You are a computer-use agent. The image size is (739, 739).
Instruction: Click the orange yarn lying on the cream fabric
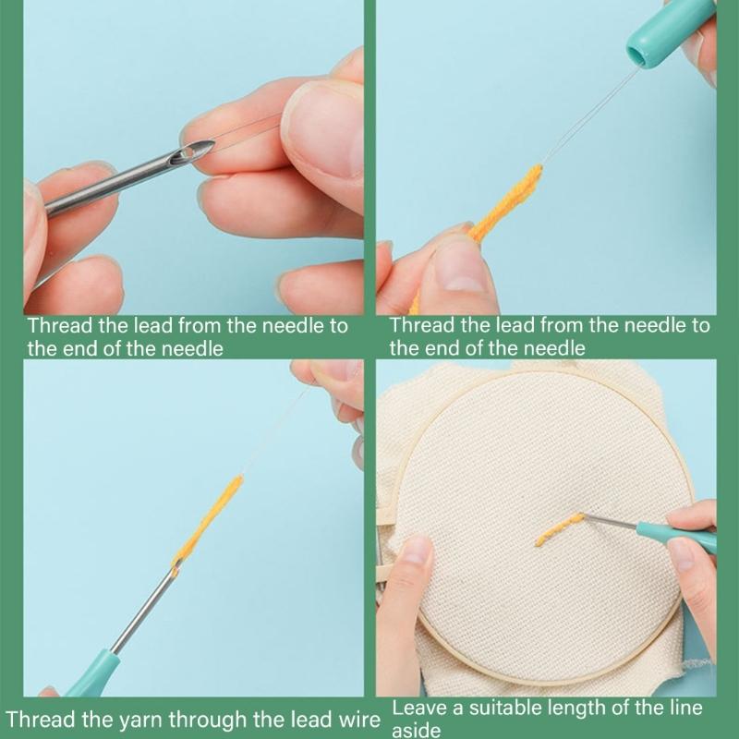560,528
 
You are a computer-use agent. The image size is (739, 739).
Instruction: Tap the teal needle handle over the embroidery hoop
679,536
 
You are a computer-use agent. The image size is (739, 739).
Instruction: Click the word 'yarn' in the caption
115,720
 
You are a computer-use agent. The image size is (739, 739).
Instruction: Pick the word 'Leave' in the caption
417,709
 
